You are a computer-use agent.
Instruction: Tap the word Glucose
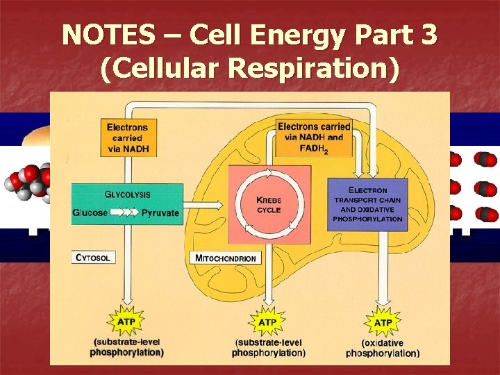[x=90, y=213]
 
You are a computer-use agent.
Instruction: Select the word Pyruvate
[x=160, y=213]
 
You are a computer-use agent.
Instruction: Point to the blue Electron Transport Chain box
[x=367, y=205]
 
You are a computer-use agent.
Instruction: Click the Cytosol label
[x=92, y=258]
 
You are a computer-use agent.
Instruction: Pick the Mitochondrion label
[x=226, y=258]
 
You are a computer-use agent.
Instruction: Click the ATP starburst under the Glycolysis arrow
[x=127, y=322]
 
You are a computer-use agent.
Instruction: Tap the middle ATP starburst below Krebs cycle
[x=267, y=323]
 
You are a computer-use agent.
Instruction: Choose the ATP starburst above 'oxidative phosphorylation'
[x=383, y=323]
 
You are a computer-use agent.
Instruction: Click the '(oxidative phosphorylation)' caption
[x=383, y=348]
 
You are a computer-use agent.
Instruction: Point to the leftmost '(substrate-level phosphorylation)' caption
[x=127, y=347]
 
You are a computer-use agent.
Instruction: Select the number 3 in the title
[x=428, y=35]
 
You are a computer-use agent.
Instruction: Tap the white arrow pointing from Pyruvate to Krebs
[x=210, y=204]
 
